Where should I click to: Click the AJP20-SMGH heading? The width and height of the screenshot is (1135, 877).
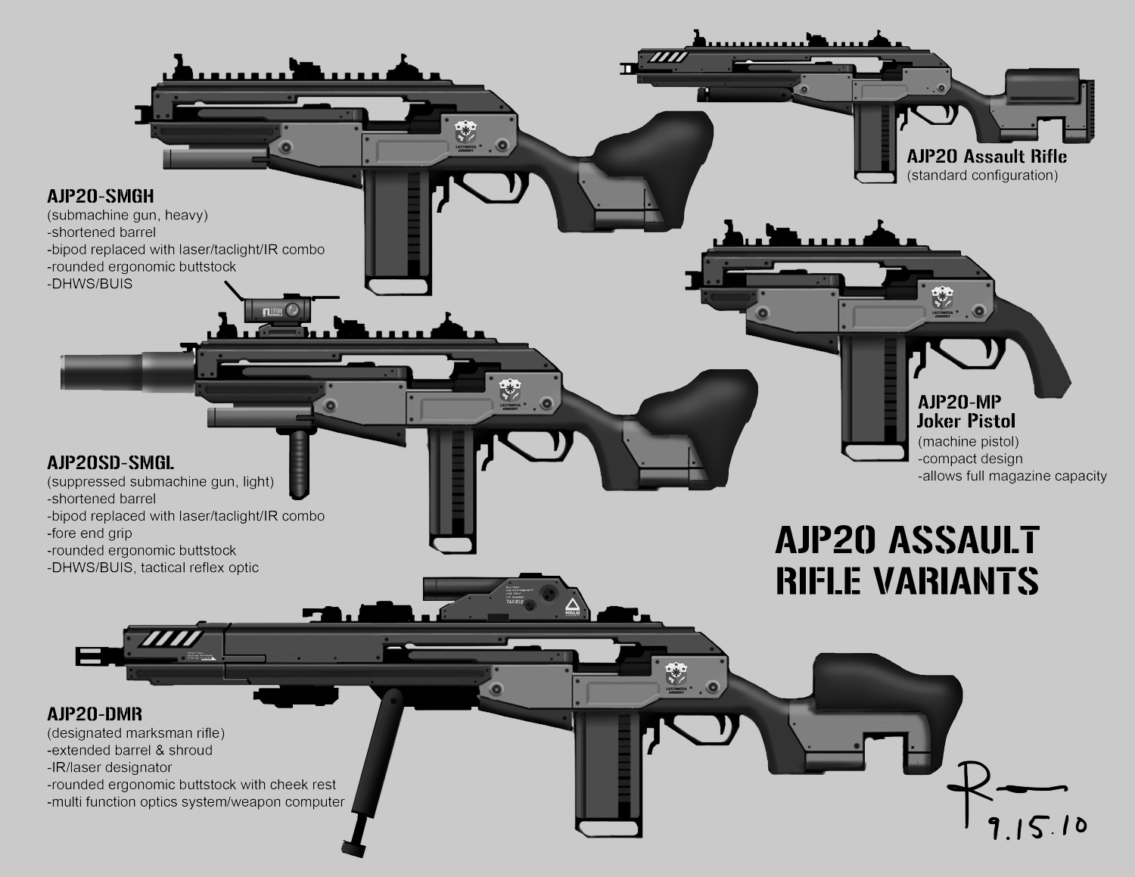point(101,197)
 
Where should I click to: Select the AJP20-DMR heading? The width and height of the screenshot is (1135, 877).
point(95,714)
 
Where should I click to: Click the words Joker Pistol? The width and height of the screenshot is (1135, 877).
point(966,421)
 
